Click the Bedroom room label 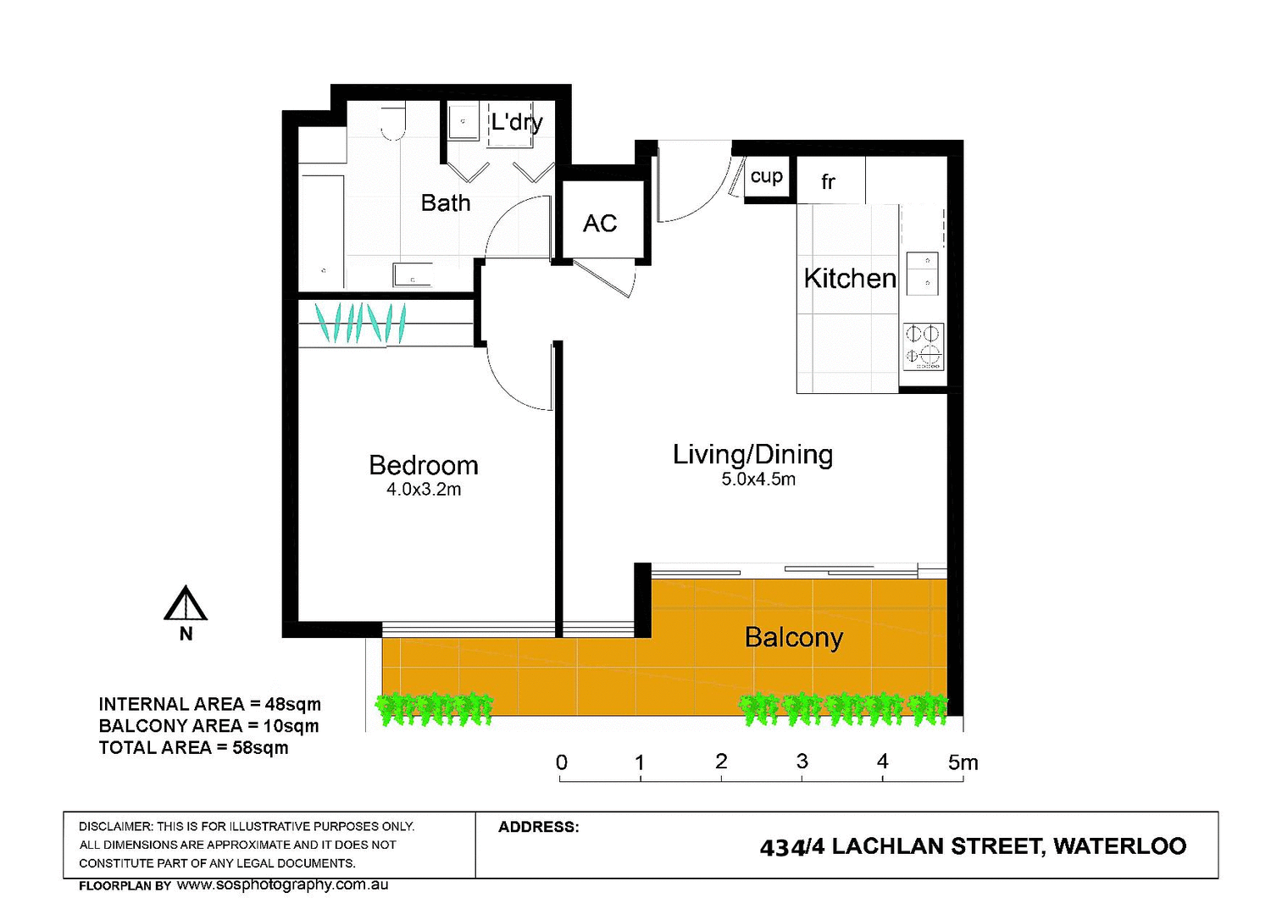tap(423, 465)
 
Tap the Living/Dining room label tap(752, 455)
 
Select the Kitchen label tap(849, 279)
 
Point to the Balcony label tap(793, 637)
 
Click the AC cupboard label tap(600, 224)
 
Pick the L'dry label tap(516, 123)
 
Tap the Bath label tap(445, 203)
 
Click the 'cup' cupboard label tap(766, 176)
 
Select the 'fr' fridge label tap(828, 182)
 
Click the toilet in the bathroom tap(392, 123)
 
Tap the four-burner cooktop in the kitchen tap(923, 346)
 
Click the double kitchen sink tap(923, 273)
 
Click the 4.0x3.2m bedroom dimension tap(424, 490)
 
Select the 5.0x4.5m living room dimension tap(758, 479)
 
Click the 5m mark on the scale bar tap(963, 762)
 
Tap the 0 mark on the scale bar tap(561, 762)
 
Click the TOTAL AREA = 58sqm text tap(193, 748)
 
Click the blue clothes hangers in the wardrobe tap(360, 323)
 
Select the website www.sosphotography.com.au tap(282, 884)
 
